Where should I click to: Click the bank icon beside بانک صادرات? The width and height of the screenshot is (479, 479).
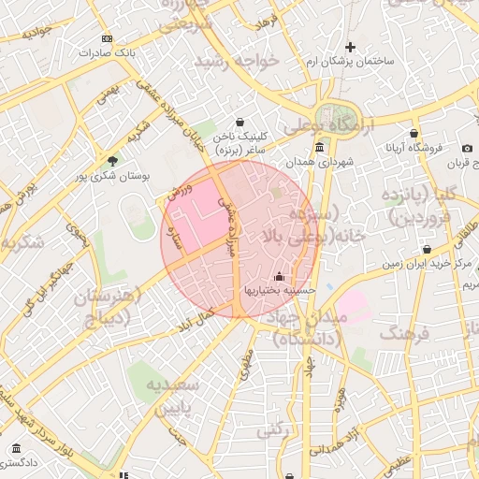108,38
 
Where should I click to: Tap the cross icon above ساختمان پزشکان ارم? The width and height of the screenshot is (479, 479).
351,47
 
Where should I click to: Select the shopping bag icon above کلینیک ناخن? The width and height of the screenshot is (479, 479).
240,122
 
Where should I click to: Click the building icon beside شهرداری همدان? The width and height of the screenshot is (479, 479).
319,148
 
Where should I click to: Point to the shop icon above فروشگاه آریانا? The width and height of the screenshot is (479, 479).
414,134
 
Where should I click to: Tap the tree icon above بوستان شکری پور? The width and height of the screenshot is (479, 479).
113,161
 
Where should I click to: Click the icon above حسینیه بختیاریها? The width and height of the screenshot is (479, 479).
279,276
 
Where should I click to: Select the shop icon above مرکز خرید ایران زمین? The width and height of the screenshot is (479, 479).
427,250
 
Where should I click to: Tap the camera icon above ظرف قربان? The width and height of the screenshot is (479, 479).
467,148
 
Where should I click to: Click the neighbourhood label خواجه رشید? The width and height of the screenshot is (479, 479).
237,62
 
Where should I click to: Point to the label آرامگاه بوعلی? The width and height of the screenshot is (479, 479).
327,124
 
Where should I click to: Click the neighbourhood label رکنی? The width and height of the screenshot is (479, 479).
270,429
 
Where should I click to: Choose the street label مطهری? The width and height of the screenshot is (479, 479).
246,365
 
